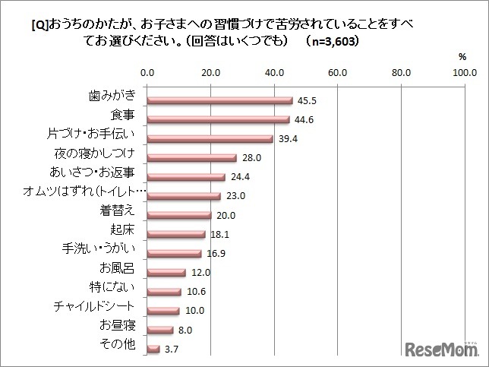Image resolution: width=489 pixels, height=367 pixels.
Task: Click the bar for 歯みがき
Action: tap(220, 100)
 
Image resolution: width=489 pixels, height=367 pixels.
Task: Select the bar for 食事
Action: tap(219, 119)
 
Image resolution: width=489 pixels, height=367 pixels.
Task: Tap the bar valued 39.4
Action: tap(210, 139)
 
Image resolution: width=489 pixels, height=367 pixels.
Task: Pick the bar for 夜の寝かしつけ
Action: tap(192, 158)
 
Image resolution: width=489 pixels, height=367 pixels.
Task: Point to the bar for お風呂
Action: tap(166, 272)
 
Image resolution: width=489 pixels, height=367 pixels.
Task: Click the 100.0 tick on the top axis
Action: tap(463, 74)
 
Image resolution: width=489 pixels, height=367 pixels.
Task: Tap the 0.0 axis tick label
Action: tap(148, 74)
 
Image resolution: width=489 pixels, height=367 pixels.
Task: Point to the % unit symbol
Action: tap(463, 57)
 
